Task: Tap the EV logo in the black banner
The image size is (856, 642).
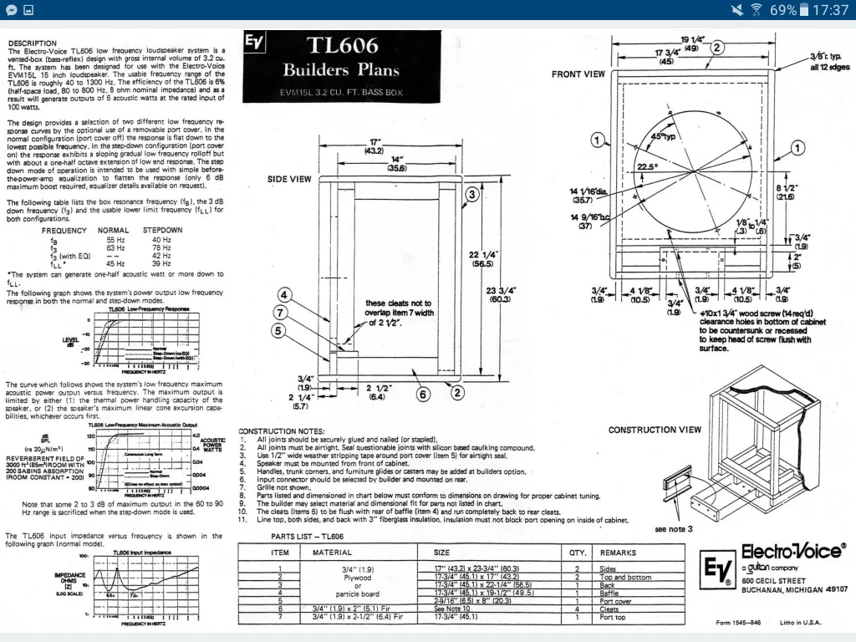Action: point(254,43)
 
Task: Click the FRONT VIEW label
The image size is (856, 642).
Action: point(578,74)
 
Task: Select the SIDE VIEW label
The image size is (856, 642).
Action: point(289,179)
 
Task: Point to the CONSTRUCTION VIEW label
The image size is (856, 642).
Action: point(655,430)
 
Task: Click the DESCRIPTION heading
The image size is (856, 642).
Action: point(32,43)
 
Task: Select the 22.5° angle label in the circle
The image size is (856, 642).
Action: point(647,166)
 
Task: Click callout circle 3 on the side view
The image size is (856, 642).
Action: point(471,195)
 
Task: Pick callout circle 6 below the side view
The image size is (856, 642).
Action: point(423,395)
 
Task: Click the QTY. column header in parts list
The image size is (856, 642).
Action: point(578,553)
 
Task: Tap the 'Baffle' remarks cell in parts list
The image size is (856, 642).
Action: point(608,594)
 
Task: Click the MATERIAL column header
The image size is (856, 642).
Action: point(332,553)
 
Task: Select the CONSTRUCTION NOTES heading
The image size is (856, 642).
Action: point(280,431)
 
